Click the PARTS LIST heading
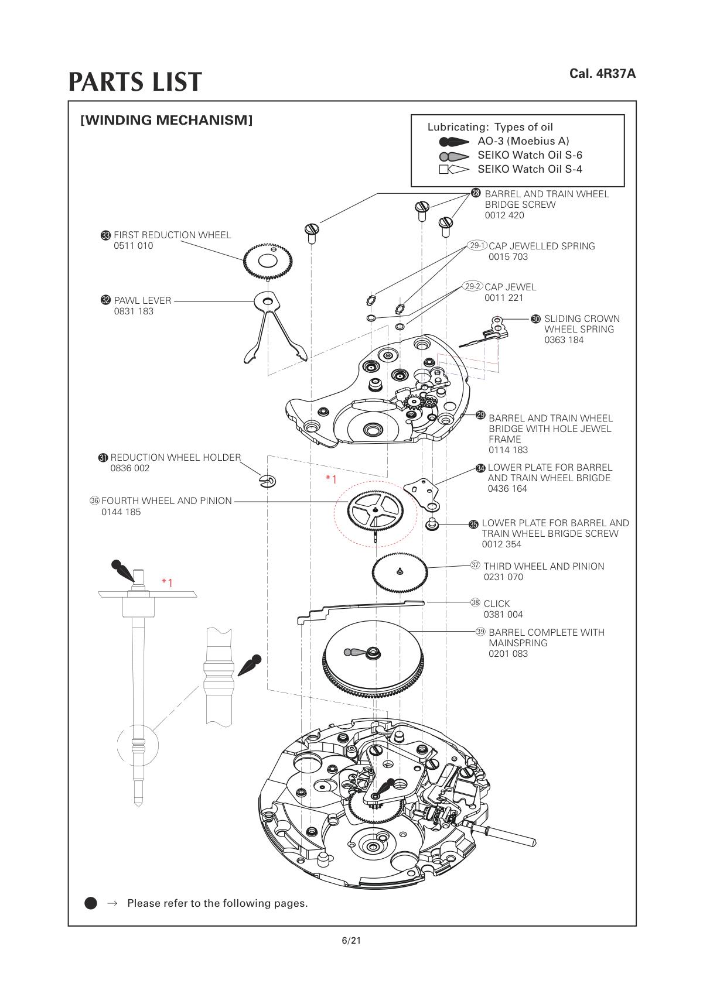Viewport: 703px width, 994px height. (135, 82)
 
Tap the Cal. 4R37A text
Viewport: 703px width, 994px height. (602, 74)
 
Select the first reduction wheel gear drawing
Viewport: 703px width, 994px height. (267, 261)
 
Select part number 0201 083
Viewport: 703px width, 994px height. (508, 653)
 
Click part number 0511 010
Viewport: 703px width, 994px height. (133, 246)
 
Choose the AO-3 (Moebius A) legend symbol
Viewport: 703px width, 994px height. (454, 142)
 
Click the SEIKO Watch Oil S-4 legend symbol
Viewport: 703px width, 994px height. (454, 170)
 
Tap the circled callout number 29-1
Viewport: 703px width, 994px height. (477, 246)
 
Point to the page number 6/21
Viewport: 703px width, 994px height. (351, 941)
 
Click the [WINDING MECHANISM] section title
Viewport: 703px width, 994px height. (166, 121)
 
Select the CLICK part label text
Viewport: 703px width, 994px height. (496, 604)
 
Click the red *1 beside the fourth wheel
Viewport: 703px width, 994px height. (331, 479)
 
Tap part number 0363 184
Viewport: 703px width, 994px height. (564, 340)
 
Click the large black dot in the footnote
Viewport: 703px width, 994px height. (91, 903)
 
